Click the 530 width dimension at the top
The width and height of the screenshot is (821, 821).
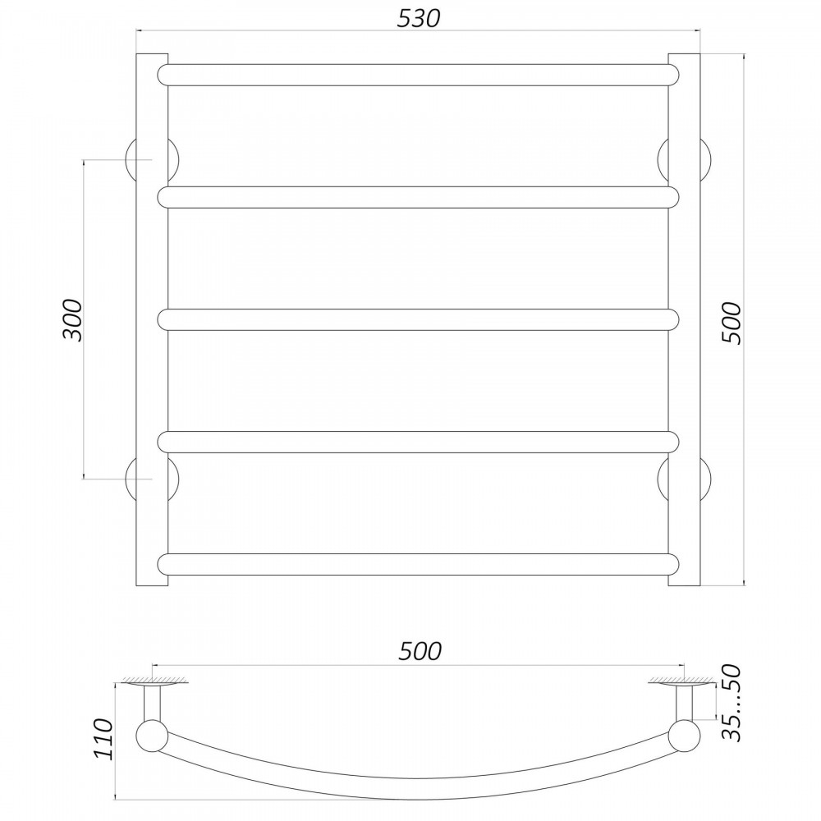tap(419, 18)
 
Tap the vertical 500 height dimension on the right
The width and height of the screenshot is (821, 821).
tap(732, 323)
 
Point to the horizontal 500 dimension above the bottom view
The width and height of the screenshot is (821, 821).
tap(420, 651)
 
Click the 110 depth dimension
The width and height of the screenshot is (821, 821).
tap(102, 738)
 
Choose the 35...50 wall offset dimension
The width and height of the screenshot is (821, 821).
tap(731, 703)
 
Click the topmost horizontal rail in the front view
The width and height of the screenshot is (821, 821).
tap(419, 75)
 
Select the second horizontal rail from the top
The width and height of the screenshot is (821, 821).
tap(419, 197)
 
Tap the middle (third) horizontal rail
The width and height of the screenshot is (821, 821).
tap(419, 320)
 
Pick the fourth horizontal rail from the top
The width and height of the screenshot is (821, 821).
tap(419, 442)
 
